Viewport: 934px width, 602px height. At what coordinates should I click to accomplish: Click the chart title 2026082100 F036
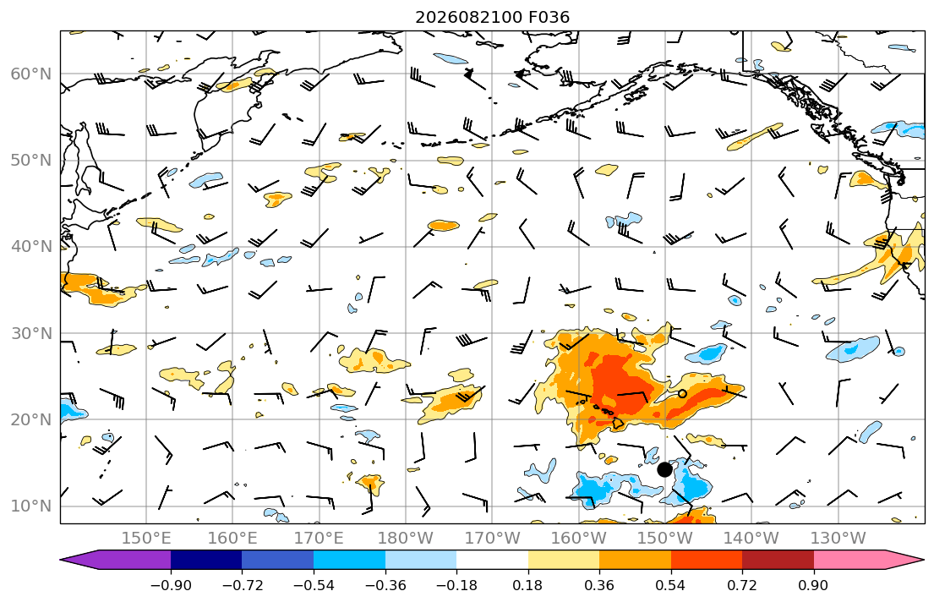pyautogui.click(x=492, y=17)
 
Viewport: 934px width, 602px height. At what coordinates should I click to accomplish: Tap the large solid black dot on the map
pyautogui.click(x=664, y=470)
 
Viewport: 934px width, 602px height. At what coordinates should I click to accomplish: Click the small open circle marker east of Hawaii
pyautogui.click(x=682, y=393)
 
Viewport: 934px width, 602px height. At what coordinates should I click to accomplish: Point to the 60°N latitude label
pyautogui.click(x=31, y=74)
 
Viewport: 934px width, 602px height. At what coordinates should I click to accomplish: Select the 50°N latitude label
pyautogui.click(x=31, y=161)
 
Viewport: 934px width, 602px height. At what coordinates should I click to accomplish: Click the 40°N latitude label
pyautogui.click(x=31, y=247)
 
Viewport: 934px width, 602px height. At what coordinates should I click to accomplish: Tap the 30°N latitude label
pyautogui.click(x=31, y=333)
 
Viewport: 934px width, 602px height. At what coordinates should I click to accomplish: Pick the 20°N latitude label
pyautogui.click(x=31, y=419)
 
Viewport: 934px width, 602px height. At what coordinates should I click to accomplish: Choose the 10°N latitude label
pyautogui.click(x=31, y=506)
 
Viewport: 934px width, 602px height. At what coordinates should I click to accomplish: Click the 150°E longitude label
pyautogui.click(x=146, y=539)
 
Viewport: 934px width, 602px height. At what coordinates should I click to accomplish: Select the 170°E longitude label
pyautogui.click(x=320, y=539)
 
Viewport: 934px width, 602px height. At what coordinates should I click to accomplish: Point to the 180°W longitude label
pyautogui.click(x=406, y=539)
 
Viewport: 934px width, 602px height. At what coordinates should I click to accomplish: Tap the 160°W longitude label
pyautogui.click(x=578, y=539)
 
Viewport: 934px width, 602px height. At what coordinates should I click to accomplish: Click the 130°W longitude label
pyautogui.click(x=838, y=539)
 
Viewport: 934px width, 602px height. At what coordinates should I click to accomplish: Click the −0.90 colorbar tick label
pyautogui.click(x=171, y=585)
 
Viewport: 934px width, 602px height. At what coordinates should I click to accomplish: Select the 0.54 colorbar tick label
pyautogui.click(x=671, y=585)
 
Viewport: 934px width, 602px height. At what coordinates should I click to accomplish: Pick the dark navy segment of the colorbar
pyautogui.click(x=206, y=560)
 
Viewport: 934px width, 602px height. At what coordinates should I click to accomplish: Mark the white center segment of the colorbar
pyautogui.click(x=492, y=560)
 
